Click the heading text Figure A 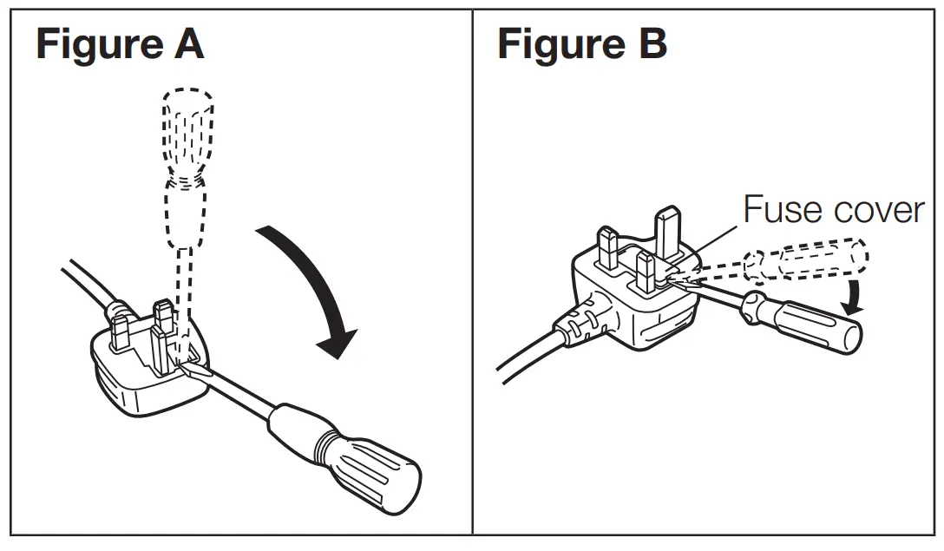coord(120,44)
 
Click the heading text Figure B coord(582,44)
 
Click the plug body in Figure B coord(625,295)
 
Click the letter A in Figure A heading coord(187,44)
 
